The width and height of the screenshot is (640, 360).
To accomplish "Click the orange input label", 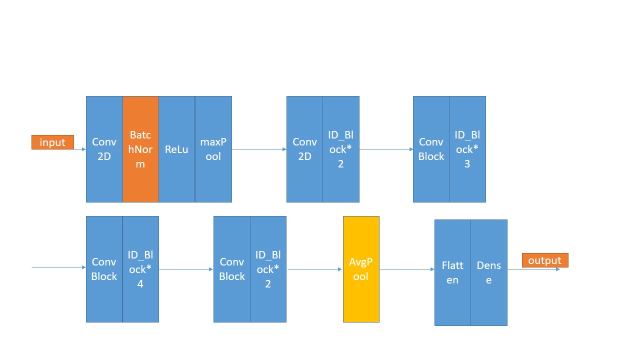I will [x=52, y=142].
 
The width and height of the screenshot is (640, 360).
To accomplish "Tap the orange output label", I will [x=545, y=260].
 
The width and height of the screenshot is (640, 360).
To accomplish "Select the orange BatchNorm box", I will [x=140, y=149].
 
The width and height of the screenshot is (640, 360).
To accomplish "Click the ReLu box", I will [x=176, y=149].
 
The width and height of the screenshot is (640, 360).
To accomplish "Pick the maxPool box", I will [x=213, y=149].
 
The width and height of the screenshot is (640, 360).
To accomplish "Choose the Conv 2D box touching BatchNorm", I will [x=104, y=149].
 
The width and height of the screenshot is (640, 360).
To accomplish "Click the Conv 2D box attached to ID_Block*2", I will [x=304, y=149].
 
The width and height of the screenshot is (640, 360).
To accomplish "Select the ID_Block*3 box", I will [x=467, y=149].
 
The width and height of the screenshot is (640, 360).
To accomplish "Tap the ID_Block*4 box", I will [x=140, y=269].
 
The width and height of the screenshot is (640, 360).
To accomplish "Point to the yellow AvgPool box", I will [x=361, y=269].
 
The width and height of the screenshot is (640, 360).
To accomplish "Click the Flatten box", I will [x=452, y=272].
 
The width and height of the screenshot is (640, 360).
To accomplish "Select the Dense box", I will [x=489, y=272].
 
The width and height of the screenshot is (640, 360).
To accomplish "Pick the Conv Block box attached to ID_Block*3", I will [x=431, y=149].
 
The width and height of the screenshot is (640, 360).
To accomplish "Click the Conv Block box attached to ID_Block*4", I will [x=104, y=269].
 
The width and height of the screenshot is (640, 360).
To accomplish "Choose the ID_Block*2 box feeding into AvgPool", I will [x=268, y=269].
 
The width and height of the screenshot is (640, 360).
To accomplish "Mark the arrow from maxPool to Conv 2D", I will [x=259, y=149].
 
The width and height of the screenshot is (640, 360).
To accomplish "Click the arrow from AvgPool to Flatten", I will [x=406, y=269].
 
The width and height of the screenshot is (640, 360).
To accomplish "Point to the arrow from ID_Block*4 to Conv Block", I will [x=186, y=269].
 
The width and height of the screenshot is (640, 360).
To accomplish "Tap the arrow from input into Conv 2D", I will [x=80, y=149].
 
